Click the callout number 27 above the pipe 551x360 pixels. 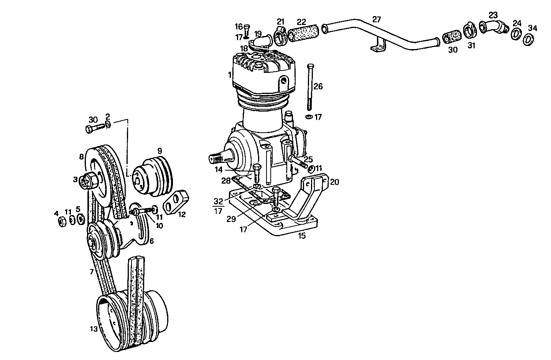(x=377, y=20)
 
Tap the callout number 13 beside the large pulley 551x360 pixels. (x=93, y=329)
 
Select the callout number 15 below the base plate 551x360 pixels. (x=302, y=236)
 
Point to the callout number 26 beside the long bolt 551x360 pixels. (x=318, y=87)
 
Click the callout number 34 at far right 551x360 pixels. (x=533, y=28)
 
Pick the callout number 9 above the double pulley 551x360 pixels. (x=160, y=150)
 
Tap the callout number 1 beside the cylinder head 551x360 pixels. (x=229, y=75)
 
